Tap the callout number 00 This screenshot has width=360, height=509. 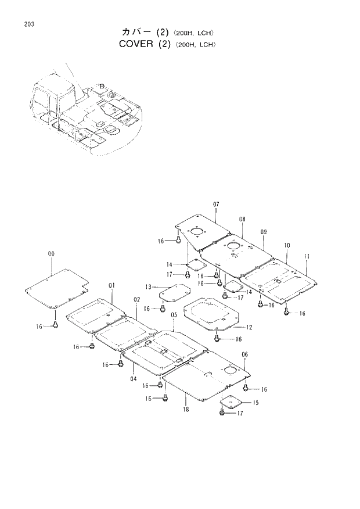click(x=52, y=254)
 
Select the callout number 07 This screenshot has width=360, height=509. click(x=215, y=205)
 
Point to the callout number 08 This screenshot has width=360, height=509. click(x=242, y=219)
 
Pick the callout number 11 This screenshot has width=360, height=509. click(x=306, y=256)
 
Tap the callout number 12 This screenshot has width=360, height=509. click(x=249, y=328)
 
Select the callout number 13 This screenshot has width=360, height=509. click(x=149, y=287)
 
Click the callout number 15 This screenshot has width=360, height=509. click(x=255, y=403)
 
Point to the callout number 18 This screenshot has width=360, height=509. click(x=185, y=410)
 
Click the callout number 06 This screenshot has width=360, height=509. click(x=244, y=354)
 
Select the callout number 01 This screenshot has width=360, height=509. click(x=111, y=285)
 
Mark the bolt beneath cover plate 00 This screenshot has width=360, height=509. click(x=55, y=324)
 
